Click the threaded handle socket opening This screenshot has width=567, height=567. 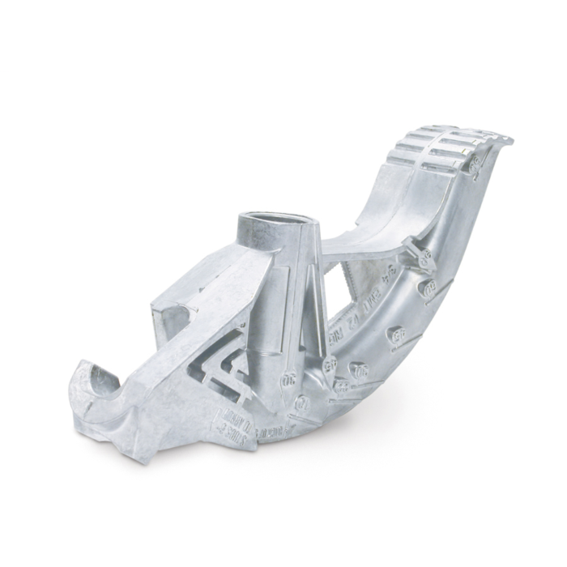[x=276, y=218]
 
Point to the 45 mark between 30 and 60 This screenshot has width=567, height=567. [x=397, y=333]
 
